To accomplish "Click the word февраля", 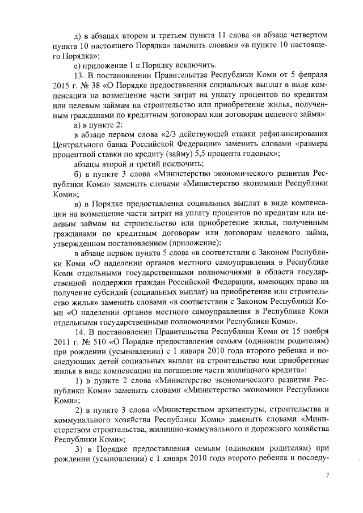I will [311, 75].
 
